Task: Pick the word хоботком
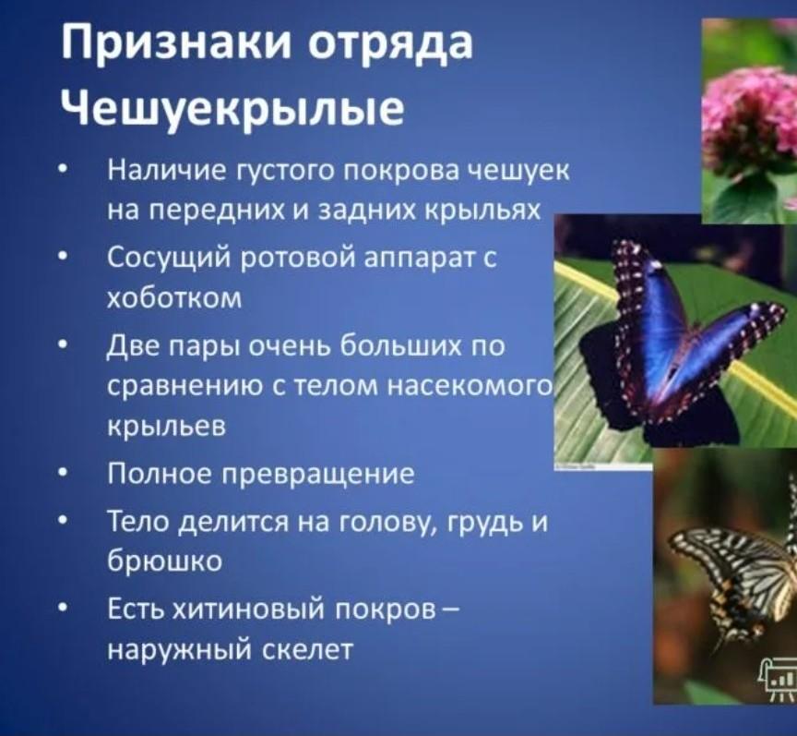point(175,297)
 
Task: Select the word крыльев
point(167,427)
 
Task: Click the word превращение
point(320,475)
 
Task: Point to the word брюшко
point(165,561)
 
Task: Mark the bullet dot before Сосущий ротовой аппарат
point(62,259)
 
